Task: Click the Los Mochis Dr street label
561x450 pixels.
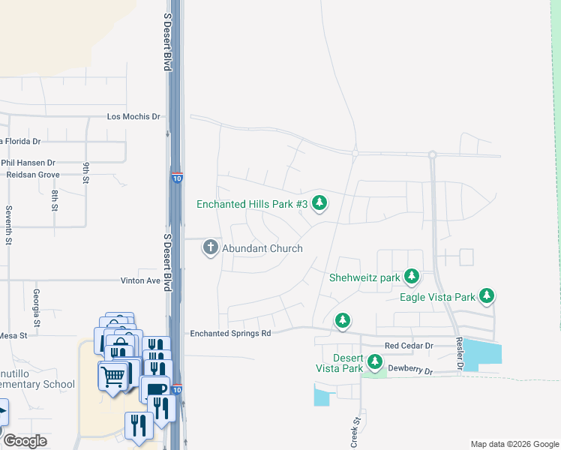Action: click(x=133, y=117)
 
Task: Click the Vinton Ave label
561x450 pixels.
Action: click(x=141, y=280)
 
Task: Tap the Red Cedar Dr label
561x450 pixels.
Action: click(x=409, y=346)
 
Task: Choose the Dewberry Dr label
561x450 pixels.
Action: click(x=411, y=370)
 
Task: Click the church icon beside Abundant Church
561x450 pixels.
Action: click(x=211, y=248)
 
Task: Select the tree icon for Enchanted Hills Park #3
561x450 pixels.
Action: click(x=320, y=203)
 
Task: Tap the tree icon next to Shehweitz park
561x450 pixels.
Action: click(x=411, y=277)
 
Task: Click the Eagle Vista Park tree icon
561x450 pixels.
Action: click(x=487, y=297)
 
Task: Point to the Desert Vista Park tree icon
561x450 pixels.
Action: click(x=374, y=363)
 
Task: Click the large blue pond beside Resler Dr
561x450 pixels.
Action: click(x=481, y=352)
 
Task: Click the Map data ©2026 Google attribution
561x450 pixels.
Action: click(x=514, y=444)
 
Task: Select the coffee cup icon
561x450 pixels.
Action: click(x=154, y=390)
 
